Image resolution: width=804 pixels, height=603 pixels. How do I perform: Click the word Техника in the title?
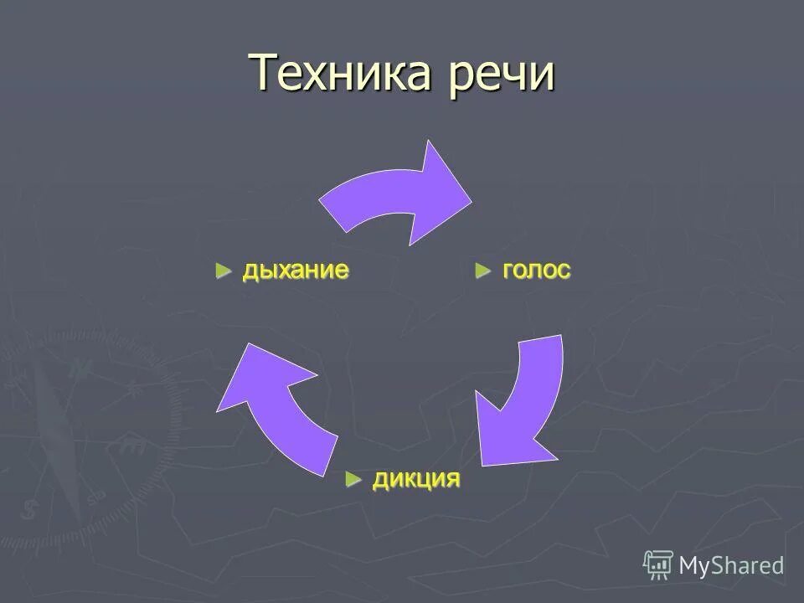(339, 75)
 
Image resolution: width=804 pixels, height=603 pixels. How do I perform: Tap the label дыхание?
(296, 271)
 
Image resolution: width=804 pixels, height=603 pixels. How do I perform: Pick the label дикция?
(416, 479)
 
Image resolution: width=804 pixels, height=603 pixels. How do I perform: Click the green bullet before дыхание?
(223, 271)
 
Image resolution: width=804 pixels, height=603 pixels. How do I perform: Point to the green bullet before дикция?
(354, 479)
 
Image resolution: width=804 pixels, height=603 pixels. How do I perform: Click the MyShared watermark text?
(731, 565)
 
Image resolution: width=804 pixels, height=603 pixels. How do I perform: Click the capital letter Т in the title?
(265, 73)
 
